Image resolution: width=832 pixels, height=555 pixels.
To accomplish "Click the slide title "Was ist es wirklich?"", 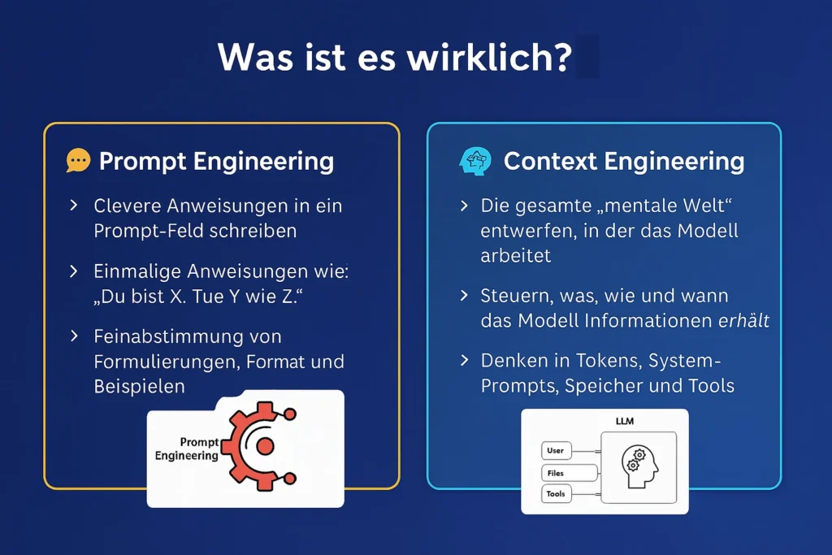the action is [x=395, y=57].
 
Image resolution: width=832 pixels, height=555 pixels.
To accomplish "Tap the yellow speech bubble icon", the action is [x=78, y=160].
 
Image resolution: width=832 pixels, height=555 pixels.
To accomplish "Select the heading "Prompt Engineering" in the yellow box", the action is [x=216, y=162].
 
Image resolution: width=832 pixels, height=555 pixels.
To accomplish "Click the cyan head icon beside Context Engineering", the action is [x=474, y=162].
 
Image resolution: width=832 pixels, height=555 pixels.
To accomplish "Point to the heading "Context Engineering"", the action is [x=624, y=162].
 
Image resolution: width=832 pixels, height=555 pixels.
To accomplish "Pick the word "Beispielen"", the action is [x=139, y=386].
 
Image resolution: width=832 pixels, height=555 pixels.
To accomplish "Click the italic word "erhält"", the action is [x=743, y=320].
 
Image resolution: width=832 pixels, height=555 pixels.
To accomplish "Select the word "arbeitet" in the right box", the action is [x=516, y=256].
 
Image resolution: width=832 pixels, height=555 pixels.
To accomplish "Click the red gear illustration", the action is [x=258, y=445].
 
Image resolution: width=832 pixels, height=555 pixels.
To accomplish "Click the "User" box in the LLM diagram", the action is [x=556, y=450].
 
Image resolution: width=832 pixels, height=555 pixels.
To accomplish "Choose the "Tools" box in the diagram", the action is [x=556, y=493].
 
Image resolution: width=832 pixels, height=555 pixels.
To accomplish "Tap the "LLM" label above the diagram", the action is [x=625, y=421].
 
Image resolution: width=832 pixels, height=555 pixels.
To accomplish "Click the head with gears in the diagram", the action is [x=639, y=466].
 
